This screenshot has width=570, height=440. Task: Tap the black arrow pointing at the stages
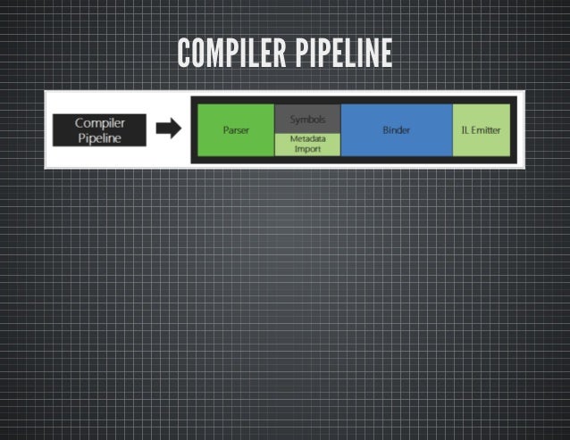click(169, 129)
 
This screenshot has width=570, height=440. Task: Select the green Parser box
click(235, 129)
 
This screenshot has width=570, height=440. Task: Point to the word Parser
click(236, 130)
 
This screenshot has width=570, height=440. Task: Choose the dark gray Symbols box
click(306, 119)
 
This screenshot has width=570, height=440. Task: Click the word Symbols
click(306, 119)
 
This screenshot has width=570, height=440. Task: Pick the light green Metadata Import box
click(306, 144)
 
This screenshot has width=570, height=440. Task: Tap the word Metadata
click(306, 139)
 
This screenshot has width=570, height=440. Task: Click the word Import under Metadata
click(306, 149)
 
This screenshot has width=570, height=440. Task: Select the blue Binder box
click(396, 129)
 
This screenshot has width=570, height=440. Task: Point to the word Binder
click(396, 130)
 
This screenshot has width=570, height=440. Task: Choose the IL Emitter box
click(481, 129)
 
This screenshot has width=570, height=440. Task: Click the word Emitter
click(487, 130)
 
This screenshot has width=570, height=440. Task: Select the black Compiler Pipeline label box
click(99, 129)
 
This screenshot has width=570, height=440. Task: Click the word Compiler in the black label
click(99, 123)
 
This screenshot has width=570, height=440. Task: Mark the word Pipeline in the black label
click(99, 137)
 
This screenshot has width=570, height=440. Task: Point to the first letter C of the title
click(183, 53)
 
